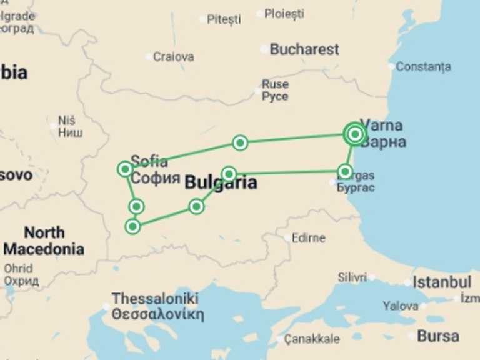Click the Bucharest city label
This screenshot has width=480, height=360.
304,49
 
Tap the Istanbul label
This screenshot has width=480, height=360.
442,282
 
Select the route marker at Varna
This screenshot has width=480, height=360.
355,134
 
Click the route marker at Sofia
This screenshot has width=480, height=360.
125,169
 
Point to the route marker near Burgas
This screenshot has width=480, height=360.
345,171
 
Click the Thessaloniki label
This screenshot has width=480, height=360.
155,299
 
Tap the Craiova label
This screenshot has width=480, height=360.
174,57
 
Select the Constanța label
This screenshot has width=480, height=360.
423,66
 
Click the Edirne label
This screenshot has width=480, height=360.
309,238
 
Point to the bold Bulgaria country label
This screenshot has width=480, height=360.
221,183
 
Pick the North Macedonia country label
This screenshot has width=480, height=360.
44,241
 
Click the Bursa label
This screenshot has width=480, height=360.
438,336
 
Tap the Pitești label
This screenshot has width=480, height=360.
224,19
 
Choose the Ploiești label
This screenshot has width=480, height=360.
284,13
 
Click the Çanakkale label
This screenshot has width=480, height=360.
312,339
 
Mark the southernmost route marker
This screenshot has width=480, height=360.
132,226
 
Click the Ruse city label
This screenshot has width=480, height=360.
275,84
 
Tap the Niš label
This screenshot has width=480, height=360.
66,120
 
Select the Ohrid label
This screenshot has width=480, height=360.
18,269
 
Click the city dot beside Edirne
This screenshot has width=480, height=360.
287,237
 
